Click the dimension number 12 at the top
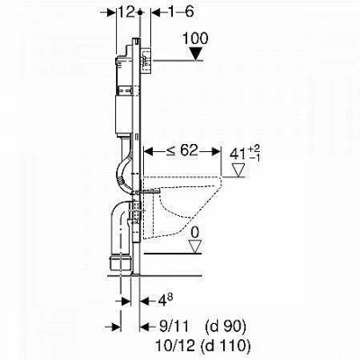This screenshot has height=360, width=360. [x=127, y=13]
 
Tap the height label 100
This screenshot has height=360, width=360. [x=195, y=39]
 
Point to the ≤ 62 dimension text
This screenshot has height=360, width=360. [x=183, y=151]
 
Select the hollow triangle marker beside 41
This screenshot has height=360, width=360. [x=239, y=170]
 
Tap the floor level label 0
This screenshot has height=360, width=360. [x=195, y=232]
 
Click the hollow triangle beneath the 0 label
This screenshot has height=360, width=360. [x=195, y=247]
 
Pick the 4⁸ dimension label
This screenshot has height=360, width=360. [x=165, y=299]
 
